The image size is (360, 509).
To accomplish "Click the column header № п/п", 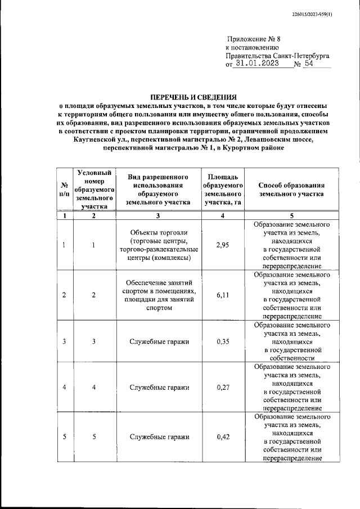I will pos(65,189).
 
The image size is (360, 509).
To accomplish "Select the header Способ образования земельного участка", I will pos(291,189).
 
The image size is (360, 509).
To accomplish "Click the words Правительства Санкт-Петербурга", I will pos(277,56).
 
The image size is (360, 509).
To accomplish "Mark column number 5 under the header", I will pos(291,216).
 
